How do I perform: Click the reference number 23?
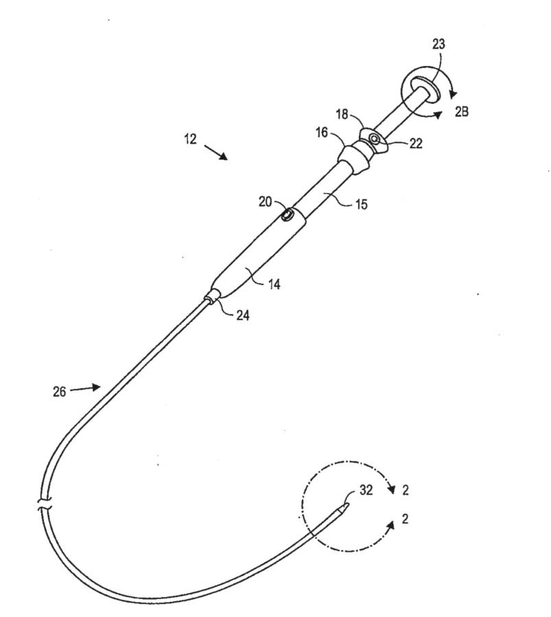coord(438,45)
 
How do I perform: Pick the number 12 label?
coord(190,138)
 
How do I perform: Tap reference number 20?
coord(264,202)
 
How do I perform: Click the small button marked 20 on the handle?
coord(288,217)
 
